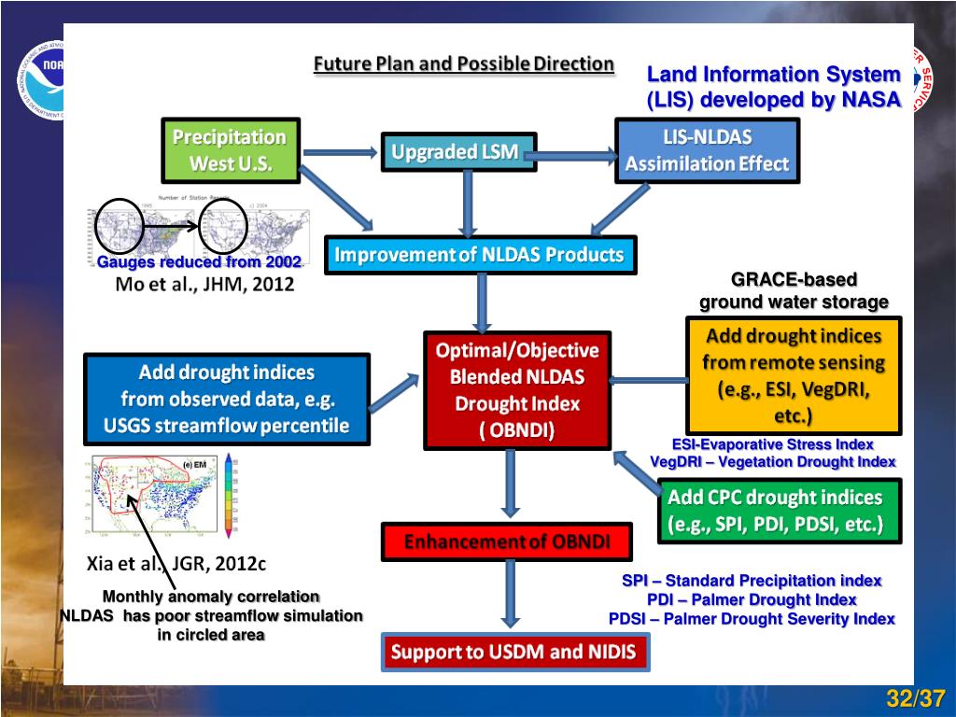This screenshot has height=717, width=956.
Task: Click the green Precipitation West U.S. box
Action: point(230,150)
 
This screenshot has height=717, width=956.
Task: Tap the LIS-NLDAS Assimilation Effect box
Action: point(708,150)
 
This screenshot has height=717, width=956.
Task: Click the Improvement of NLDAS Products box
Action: point(480,255)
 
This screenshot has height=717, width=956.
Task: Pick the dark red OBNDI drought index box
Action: point(517,390)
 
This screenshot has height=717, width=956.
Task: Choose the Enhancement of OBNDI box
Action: point(507,541)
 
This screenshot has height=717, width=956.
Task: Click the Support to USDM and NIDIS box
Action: point(514,652)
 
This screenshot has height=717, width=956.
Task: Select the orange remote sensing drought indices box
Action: point(794,375)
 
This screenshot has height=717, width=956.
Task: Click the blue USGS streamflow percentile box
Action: point(226,399)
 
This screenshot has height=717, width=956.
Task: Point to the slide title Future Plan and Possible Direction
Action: point(463,64)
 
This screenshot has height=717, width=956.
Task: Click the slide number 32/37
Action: point(916,698)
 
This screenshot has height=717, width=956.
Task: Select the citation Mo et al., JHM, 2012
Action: point(204,285)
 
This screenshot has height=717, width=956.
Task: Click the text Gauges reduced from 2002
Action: point(200,262)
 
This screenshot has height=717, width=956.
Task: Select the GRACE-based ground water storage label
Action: point(794,290)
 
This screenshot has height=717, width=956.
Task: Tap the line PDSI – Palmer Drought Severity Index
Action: point(752,619)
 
